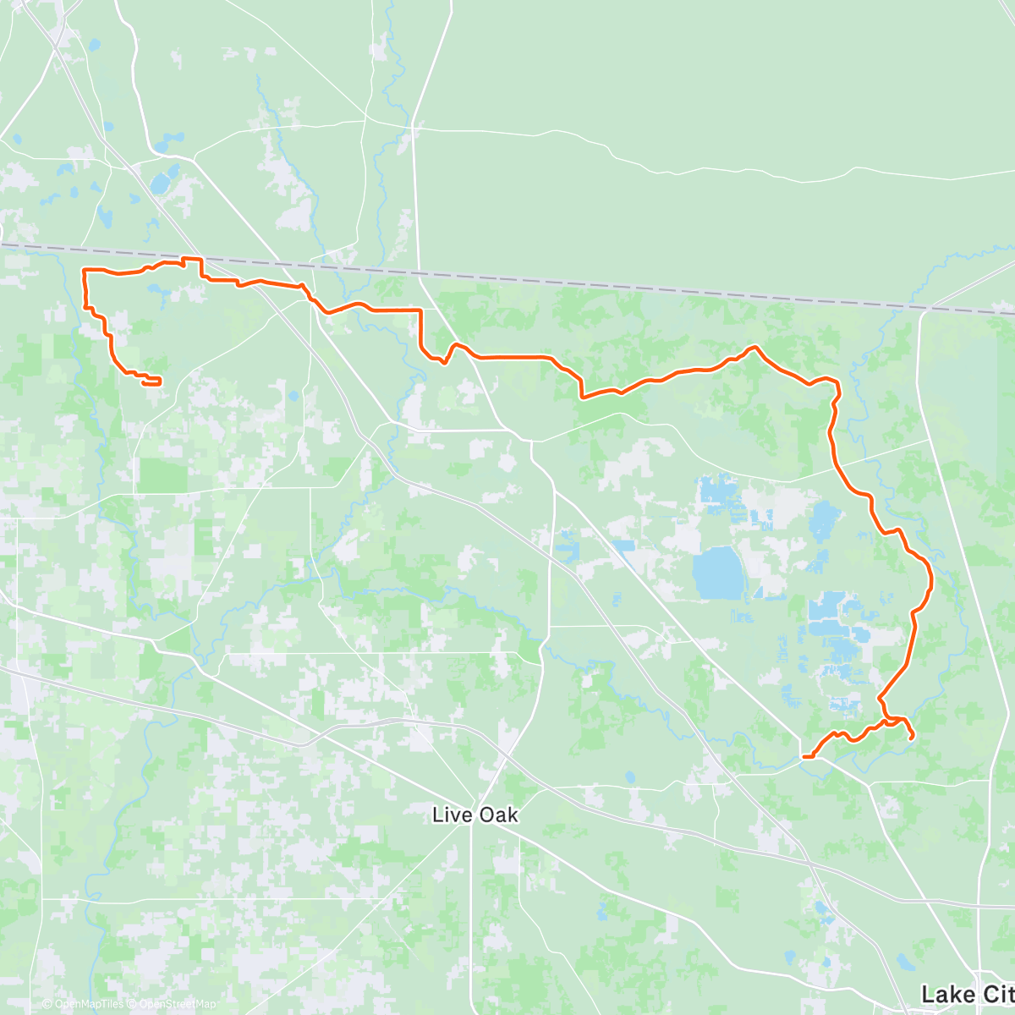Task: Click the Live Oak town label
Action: click(x=475, y=815)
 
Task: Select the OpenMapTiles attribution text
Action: click(x=89, y=1004)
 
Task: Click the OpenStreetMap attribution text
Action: click(x=178, y=1004)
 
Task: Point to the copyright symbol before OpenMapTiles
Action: click(x=47, y=1004)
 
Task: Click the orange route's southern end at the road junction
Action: click(x=804, y=756)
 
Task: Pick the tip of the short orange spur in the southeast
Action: click(x=911, y=738)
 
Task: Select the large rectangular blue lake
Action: click(x=716, y=573)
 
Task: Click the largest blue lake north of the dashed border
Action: click(x=159, y=182)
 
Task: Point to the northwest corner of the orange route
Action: click(x=84, y=270)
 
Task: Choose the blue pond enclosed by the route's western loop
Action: click(x=156, y=290)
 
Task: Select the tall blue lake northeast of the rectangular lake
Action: click(x=821, y=520)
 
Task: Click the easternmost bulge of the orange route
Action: click(x=931, y=579)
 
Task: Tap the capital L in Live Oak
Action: click(x=437, y=815)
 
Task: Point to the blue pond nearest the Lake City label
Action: click(x=904, y=962)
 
